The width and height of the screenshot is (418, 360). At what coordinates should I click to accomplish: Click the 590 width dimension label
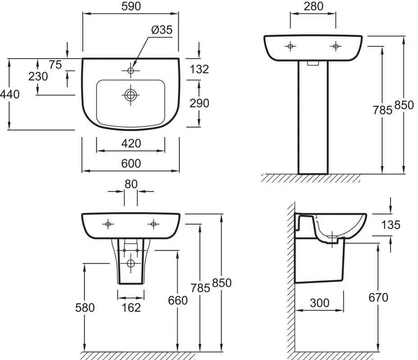[131, 6]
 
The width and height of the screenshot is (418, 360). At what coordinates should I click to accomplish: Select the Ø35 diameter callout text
[162, 30]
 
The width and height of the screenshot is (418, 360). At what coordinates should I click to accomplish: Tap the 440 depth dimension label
[10, 94]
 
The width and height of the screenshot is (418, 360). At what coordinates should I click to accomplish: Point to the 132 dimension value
[199, 69]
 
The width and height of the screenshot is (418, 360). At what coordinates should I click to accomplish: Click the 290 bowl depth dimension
[199, 103]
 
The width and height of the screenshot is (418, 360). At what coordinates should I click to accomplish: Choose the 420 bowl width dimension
[131, 144]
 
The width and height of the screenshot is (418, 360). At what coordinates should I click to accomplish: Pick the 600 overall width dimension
[131, 163]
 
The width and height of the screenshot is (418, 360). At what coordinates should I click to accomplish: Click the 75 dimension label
[55, 65]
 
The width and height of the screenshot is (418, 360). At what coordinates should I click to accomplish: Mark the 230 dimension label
[38, 76]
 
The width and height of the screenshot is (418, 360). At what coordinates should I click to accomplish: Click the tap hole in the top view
[131, 71]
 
